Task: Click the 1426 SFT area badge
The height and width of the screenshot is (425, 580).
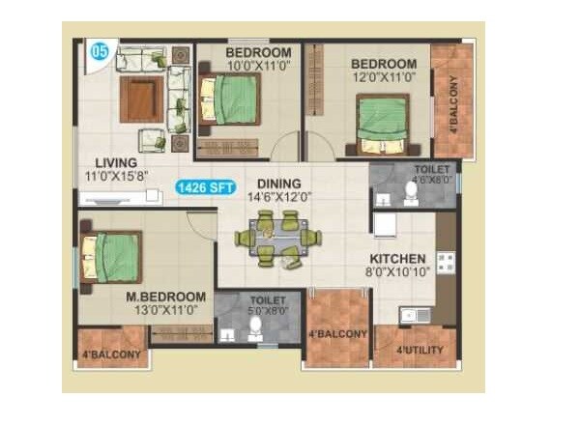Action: tap(206, 188)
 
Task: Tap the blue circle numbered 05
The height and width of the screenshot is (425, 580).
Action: tap(99, 49)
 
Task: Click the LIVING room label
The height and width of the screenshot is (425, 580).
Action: tap(115, 162)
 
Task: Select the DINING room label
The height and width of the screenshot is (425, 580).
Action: tap(278, 184)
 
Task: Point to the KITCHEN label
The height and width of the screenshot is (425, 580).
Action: tap(396, 259)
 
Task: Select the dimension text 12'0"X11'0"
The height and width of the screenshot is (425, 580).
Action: tap(384, 76)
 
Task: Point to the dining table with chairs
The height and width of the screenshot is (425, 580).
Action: tap(278, 238)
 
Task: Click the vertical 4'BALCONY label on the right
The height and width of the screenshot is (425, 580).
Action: tap(455, 101)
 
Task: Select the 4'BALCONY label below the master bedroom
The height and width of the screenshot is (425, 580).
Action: tap(111, 355)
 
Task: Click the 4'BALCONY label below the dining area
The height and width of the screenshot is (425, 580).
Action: tap(337, 334)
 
